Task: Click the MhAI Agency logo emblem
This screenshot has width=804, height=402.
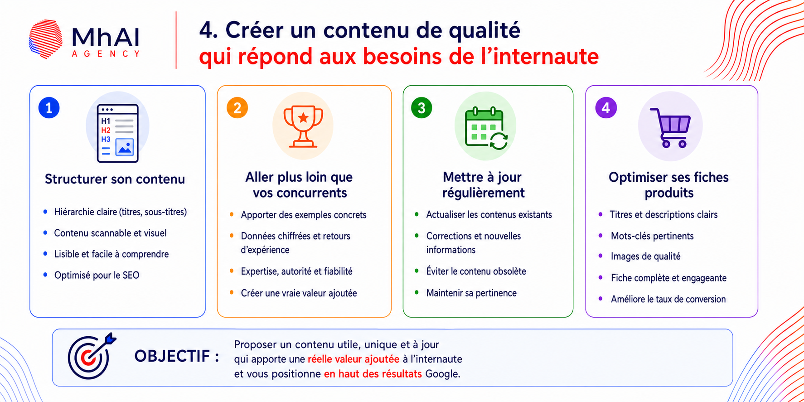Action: pos(46,39)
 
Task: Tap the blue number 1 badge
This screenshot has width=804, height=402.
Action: pos(49,108)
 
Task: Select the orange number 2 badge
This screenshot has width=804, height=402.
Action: pos(237,108)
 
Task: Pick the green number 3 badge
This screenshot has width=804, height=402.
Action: pos(421,108)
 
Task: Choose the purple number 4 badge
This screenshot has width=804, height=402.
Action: pos(606,108)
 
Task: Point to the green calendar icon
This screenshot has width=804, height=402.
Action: pos(486,128)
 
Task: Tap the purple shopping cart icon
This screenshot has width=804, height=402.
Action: pos(670,128)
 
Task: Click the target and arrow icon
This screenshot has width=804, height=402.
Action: pos(91,357)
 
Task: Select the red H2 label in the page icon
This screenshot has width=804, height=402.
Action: pos(106,131)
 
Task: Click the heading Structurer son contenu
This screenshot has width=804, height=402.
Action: pos(115,179)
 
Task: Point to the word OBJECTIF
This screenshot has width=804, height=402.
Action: pos(172,356)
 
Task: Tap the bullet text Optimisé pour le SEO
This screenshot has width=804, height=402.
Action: pos(97,275)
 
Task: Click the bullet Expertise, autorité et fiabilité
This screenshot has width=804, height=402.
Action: pos(296,271)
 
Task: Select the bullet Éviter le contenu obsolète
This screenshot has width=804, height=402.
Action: pos(476,271)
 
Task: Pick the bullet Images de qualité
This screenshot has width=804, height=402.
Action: pos(645,257)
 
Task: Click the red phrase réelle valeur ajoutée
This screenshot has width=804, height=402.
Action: pos(354,359)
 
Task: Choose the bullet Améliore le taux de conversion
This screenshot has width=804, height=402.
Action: pos(668,299)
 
